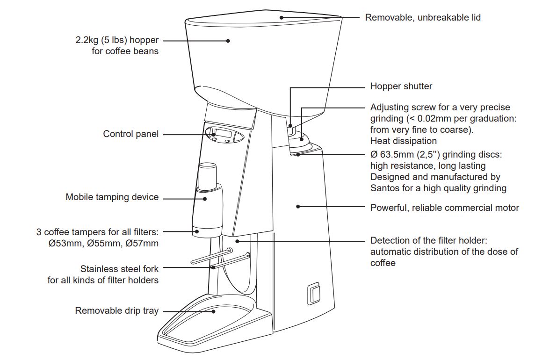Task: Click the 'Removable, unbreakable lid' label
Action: tap(423, 18)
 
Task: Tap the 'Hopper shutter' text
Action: tap(401, 86)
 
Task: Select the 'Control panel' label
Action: tap(130, 134)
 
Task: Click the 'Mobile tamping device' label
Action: tap(112, 197)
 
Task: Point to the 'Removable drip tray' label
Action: tap(116, 310)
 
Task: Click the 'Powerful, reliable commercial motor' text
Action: tap(444, 208)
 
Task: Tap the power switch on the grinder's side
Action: tap(313, 293)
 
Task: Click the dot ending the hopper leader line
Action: tap(228, 41)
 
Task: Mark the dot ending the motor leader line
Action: tap(298, 206)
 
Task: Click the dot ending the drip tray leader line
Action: tap(213, 311)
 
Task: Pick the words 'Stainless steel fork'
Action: tap(119, 269)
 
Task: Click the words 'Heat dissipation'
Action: tap(403, 141)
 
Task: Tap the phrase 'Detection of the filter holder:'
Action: tap(429, 241)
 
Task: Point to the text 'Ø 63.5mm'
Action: tap(392, 155)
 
